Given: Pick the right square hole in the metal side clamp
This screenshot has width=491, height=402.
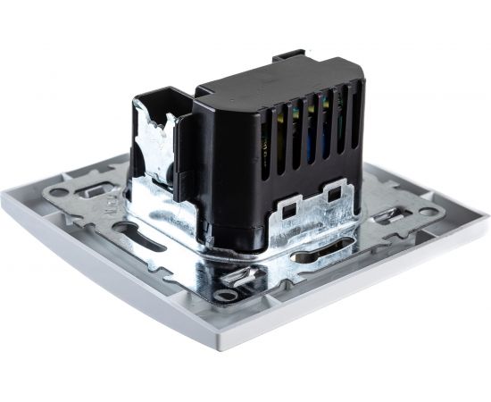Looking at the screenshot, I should click(336, 190).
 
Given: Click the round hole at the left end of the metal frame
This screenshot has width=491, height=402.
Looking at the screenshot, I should click(59, 191).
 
